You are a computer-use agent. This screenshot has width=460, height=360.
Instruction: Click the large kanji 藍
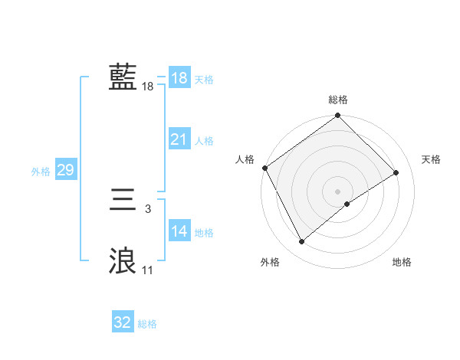pyautogui.click(x=123, y=77)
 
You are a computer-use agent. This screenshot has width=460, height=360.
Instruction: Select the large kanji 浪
pyautogui.click(x=123, y=261)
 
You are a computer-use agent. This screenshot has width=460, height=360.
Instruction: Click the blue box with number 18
pyautogui.click(x=179, y=78)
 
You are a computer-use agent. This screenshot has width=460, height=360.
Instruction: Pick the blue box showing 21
pyautogui.click(x=179, y=139)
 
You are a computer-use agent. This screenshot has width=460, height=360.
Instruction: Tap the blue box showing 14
pyautogui.click(x=179, y=231)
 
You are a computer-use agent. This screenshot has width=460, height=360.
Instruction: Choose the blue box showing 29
pyautogui.click(x=65, y=170)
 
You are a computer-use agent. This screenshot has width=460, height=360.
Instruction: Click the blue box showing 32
pyautogui.click(x=123, y=322)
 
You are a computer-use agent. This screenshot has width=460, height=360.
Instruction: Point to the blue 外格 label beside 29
pyautogui.click(x=41, y=172)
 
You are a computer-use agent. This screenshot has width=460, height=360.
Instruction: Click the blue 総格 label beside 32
pyautogui.click(x=147, y=324)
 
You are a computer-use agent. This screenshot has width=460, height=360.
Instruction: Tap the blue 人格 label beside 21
pyautogui.click(x=204, y=141)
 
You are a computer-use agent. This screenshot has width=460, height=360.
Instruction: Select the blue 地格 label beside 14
pyautogui.click(x=204, y=233)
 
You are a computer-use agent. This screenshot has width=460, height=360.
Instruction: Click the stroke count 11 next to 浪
pyautogui.click(x=147, y=270)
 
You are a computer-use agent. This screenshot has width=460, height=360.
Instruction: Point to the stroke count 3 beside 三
pyautogui.click(x=147, y=208)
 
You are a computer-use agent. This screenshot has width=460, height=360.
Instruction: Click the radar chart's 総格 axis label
pyautogui.click(x=338, y=100)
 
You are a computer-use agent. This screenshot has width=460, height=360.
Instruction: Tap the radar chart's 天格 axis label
pyautogui.click(x=432, y=159)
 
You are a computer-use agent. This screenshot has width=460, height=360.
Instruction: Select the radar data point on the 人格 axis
pyautogui.click(x=264, y=168)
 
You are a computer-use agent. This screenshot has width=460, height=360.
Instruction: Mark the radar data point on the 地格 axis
pyautogui.click(x=347, y=204)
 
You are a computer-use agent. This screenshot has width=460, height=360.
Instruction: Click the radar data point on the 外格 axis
pyautogui.click(x=301, y=242)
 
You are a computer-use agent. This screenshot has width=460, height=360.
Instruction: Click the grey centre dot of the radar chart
pyautogui.click(x=337, y=191)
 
